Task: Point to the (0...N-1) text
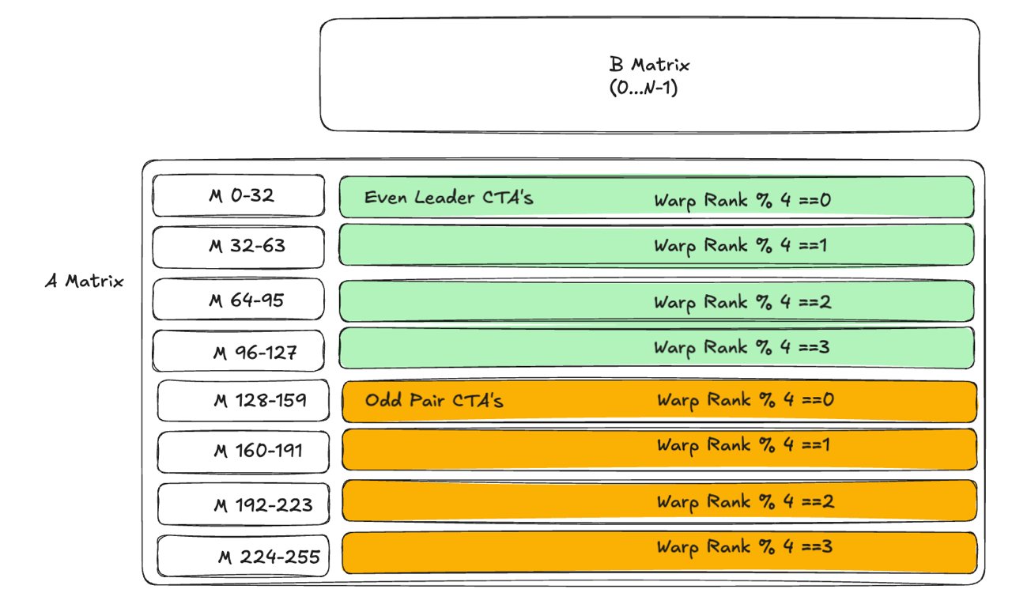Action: [x=643, y=88]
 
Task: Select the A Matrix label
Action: [x=85, y=281]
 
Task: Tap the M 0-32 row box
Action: [x=239, y=195]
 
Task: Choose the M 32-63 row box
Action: [x=239, y=247]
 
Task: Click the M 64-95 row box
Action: [x=239, y=300]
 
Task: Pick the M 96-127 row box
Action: [x=239, y=351]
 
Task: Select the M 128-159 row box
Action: [x=244, y=401]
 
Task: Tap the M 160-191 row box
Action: [x=244, y=451]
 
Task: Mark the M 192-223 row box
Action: [x=244, y=504]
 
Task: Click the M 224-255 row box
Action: [x=244, y=557]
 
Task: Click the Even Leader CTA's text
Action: [x=448, y=198]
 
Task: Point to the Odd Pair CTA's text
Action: [x=434, y=400]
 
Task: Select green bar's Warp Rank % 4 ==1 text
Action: [x=741, y=246]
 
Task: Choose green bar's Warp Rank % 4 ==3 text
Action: [x=742, y=347]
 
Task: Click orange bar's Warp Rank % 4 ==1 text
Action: [x=744, y=446]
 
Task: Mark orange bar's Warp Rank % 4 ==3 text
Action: [x=745, y=546]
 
